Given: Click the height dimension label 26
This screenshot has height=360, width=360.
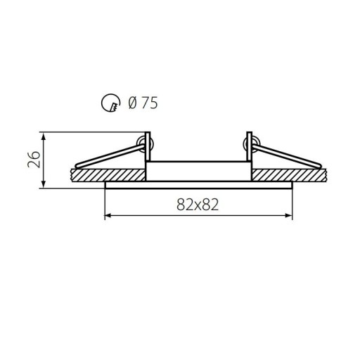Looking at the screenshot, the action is tap(34, 160).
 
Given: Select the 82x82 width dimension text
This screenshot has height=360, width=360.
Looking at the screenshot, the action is tap(198, 205).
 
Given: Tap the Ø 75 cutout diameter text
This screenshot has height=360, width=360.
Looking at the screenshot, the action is tap(143, 103).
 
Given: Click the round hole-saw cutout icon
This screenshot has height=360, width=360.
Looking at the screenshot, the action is tap(110, 103).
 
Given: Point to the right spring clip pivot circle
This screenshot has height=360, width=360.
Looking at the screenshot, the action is tap(252, 144).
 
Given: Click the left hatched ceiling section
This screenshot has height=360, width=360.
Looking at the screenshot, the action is tap(108, 174).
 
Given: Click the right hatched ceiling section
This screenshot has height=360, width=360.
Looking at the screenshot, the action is tap(289, 174).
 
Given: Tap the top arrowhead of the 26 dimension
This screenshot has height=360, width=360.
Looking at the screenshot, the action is tap(43, 136).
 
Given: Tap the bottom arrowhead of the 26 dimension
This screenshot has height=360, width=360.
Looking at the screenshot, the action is tap(43, 184).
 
